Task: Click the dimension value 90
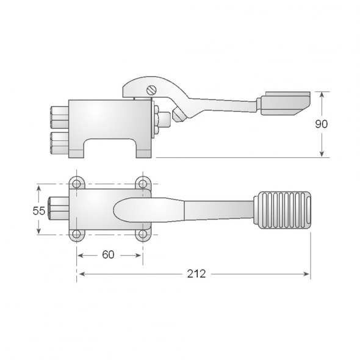pos(322,124)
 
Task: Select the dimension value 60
pos(108,254)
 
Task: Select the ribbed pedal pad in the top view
pos(285,211)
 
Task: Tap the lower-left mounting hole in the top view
pos(76,234)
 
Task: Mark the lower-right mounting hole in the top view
pos(142,234)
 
